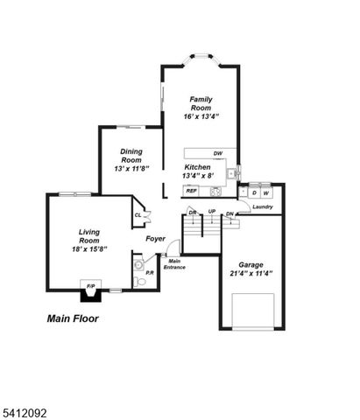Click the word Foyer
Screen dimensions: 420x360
[x=155, y=237]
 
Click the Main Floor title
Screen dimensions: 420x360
[x=73, y=319]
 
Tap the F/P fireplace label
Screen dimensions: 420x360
[x=90, y=286]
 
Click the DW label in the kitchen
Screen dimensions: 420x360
[x=218, y=153]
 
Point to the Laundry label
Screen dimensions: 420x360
[x=262, y=206]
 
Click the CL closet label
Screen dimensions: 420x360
[x=138, y=215]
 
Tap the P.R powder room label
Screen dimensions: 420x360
[x=150, y=273]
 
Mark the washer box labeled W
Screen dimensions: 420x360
[x=265, y=192]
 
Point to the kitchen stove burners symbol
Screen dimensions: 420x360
[x=213, y=190]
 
